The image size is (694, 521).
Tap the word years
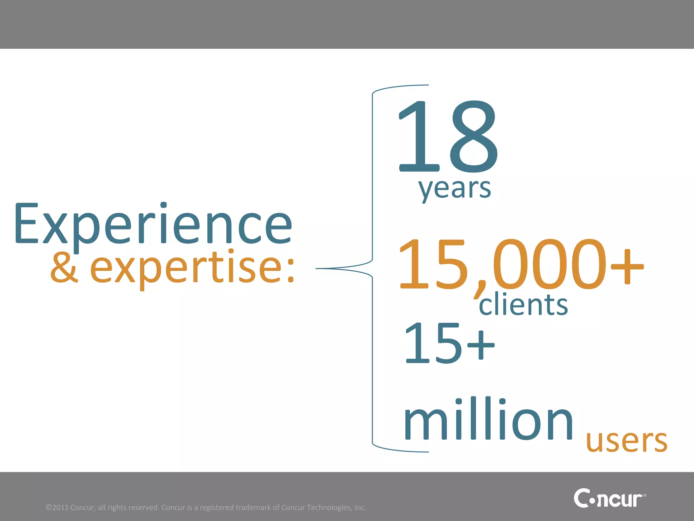coord(454,189)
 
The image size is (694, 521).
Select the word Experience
coord(153,224)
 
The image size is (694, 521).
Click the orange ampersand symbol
coord(64,268)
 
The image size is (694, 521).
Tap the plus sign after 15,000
coord(627,267)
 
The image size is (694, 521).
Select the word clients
coord(523,304)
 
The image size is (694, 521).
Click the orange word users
coord(627,441)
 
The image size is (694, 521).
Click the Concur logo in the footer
coord(609,498)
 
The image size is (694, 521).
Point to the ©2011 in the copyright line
coord(57,507)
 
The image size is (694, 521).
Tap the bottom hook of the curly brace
coord(400,450)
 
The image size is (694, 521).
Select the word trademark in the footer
coord(253,507)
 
